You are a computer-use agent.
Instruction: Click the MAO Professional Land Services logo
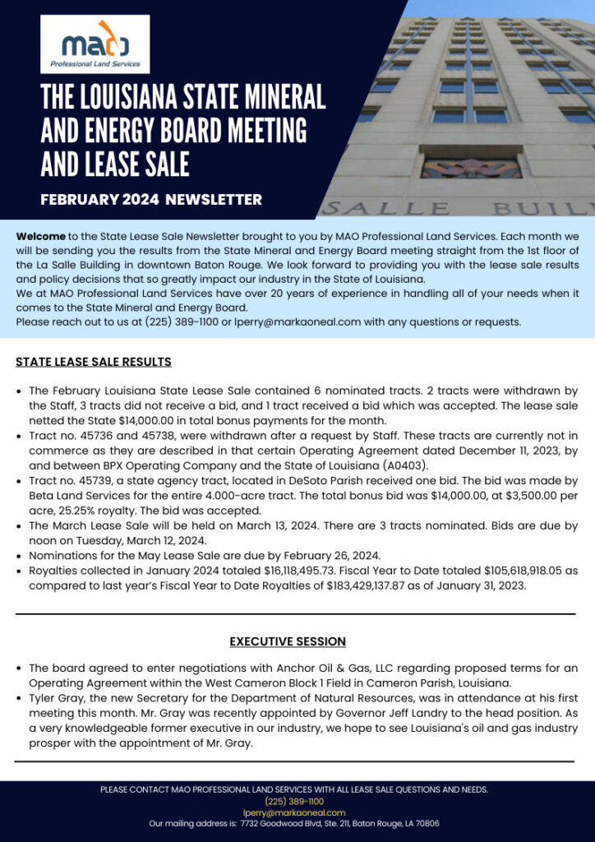[x=95, y=44]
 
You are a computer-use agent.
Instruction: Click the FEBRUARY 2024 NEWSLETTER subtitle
[x=151, y=199]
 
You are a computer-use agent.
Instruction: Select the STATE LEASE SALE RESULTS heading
[x=93, y=362]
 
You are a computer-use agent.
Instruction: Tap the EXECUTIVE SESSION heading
[x=287, y=641]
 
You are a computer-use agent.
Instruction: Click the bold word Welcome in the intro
[x=40, y=236]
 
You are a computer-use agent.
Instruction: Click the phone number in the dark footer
[x=293, y=801]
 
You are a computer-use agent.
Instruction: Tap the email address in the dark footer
[x=293, y=812]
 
